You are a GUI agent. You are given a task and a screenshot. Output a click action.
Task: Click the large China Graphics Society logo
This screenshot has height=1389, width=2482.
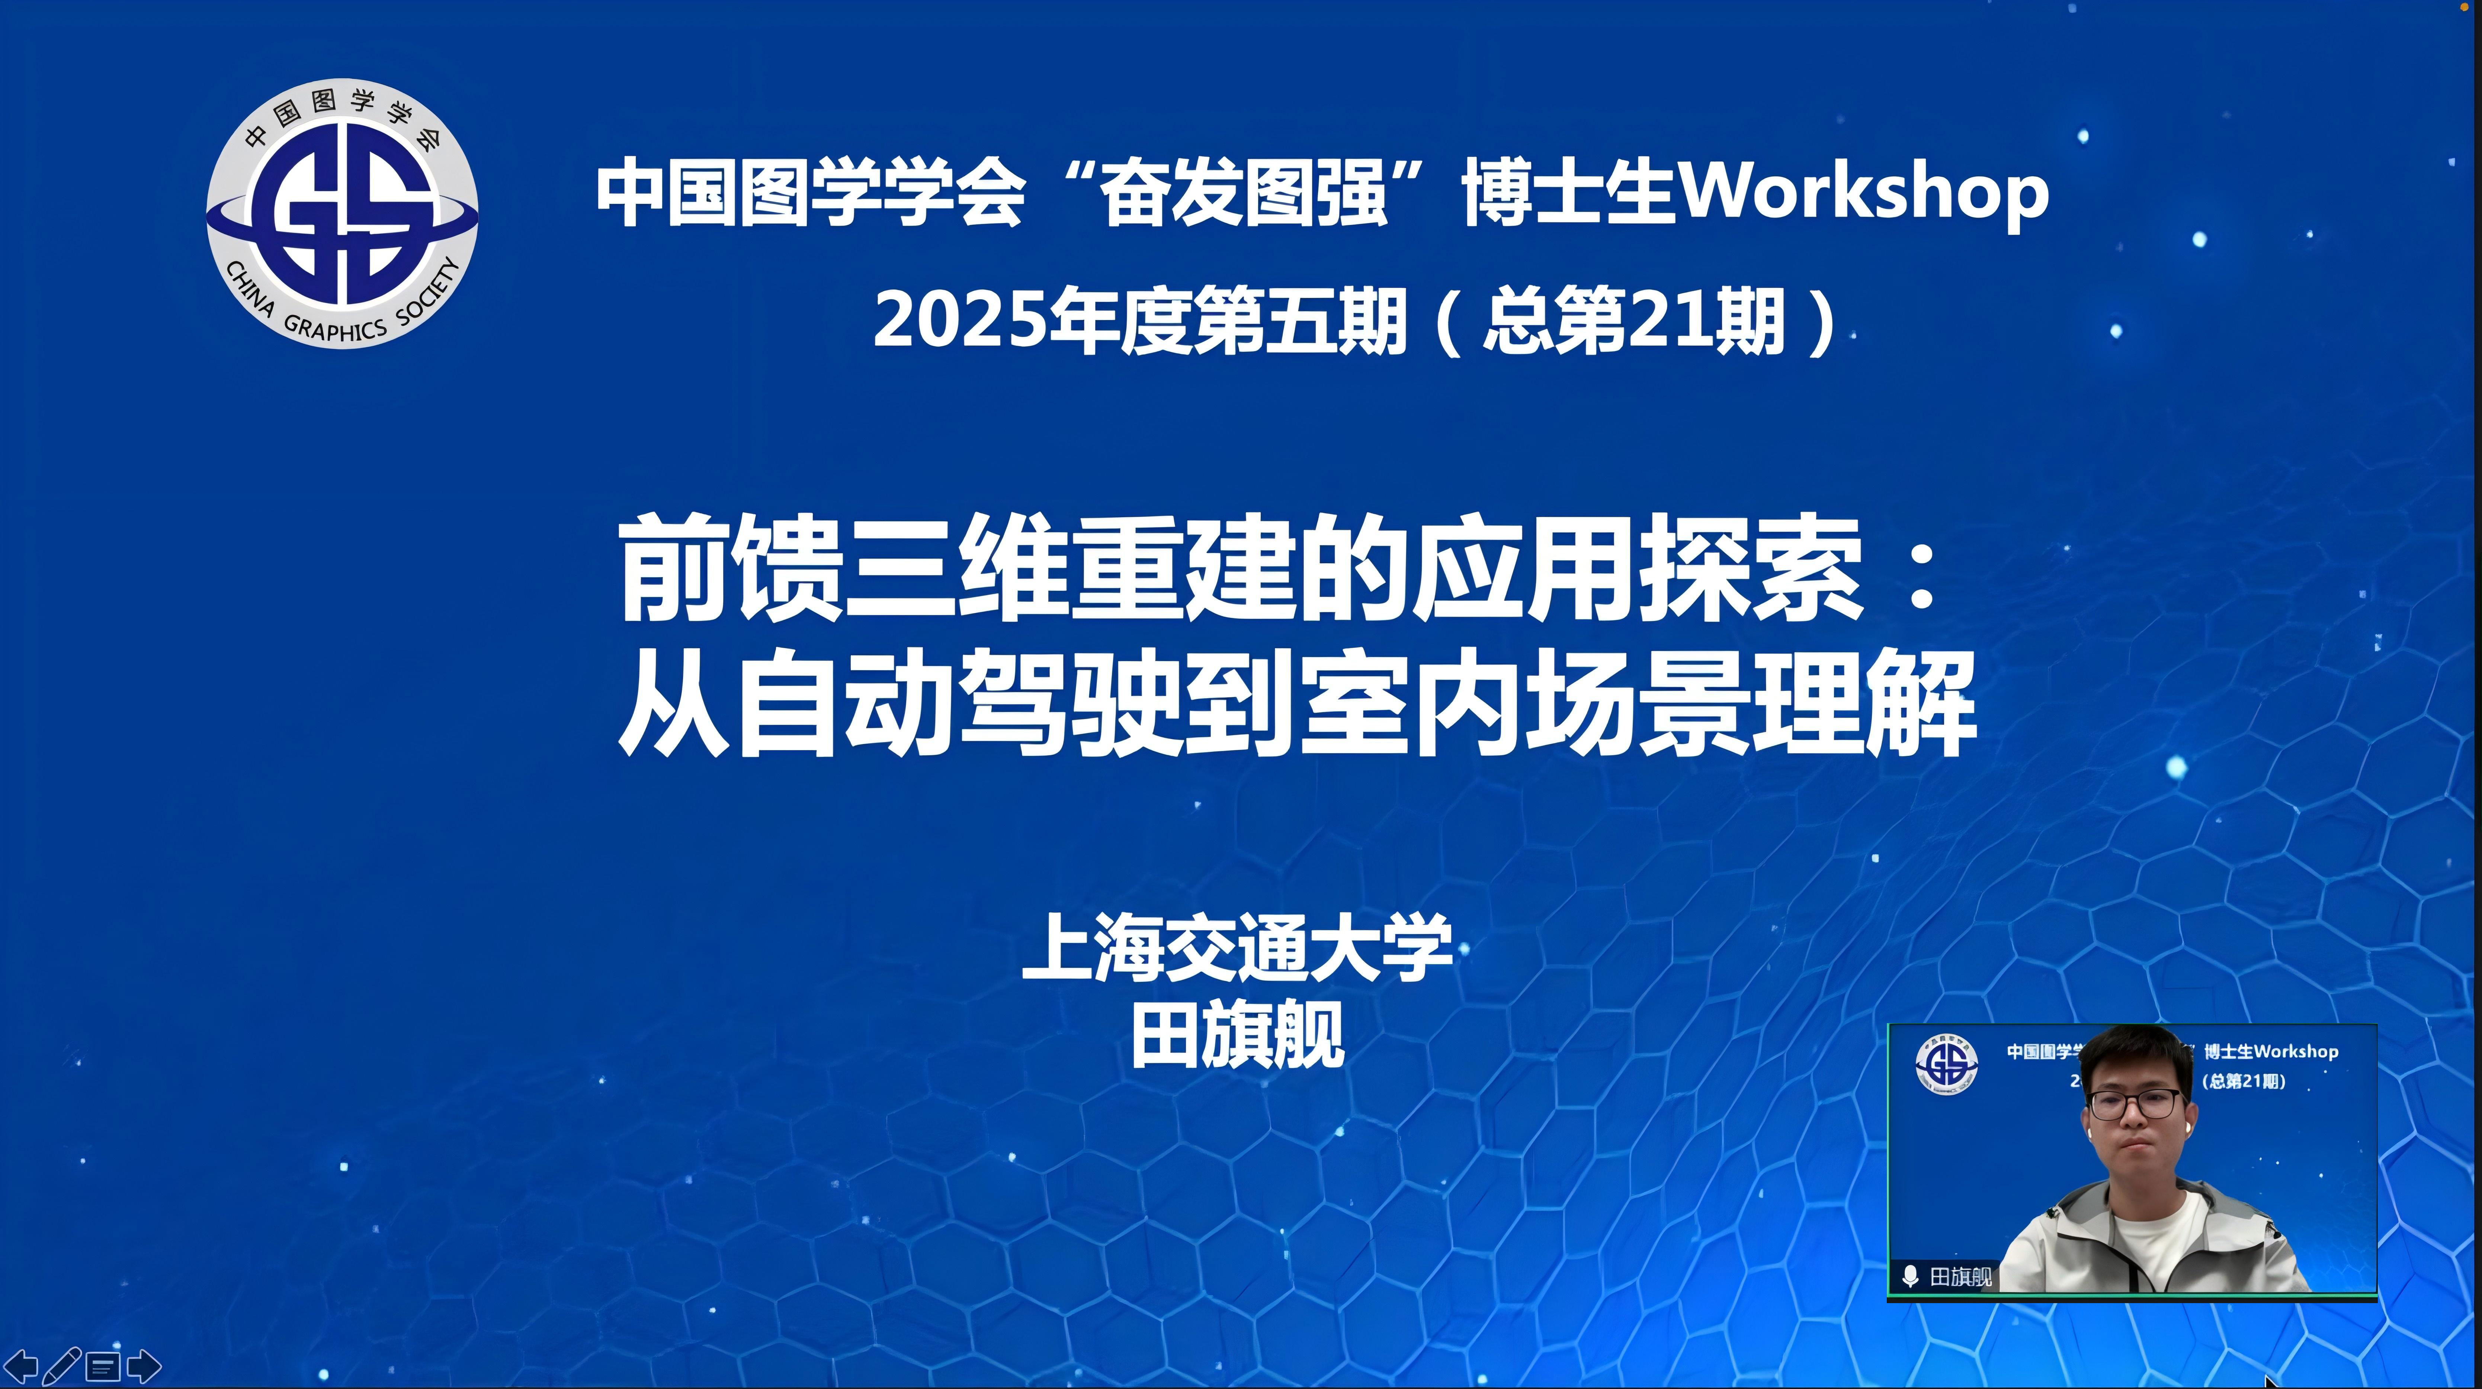point(342,214)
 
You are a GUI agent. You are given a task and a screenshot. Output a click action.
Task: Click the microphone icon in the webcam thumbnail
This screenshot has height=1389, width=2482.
point(1910,1276)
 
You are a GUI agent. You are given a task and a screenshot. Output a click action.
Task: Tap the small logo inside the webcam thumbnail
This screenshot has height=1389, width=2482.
point(1946,1064)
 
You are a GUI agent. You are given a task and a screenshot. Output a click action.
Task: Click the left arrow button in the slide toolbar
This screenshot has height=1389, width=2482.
point(21,1366)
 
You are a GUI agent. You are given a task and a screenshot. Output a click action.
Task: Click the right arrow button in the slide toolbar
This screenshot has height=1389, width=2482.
point(144,1366)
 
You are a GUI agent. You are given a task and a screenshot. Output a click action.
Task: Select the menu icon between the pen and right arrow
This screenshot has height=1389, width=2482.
point(103,1366)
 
